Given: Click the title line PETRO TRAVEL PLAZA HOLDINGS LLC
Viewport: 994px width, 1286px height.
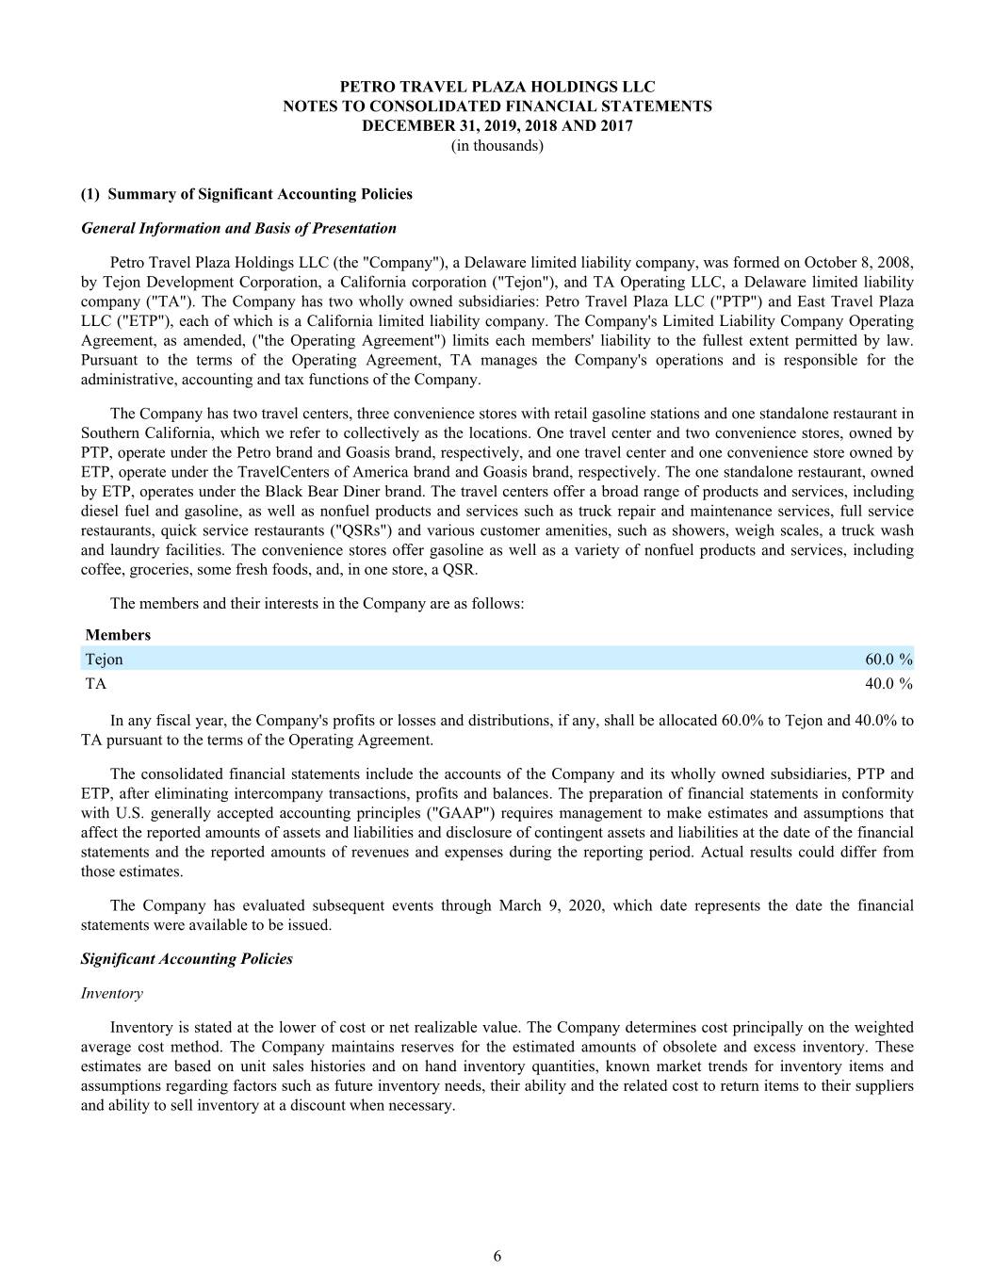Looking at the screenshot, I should click(497, 87).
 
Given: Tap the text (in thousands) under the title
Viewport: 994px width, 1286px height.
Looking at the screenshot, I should click(497, 146).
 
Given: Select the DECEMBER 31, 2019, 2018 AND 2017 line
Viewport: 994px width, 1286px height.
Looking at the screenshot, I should click(497, 126).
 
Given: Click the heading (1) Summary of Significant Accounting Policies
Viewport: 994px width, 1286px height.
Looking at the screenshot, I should click(247, 194).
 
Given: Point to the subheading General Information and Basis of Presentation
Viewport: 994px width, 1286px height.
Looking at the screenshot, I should click(238, 228).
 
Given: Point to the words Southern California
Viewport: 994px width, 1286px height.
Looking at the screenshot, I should click(139, 433).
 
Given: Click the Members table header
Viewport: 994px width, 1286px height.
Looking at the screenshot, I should click(118, 635).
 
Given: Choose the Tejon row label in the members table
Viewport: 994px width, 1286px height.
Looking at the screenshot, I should click(105, 659).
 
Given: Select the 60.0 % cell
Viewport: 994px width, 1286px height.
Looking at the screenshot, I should click(888, 659).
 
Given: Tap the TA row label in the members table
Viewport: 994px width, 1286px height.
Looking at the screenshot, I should click(96, 684).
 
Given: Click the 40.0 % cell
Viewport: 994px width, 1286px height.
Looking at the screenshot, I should click(888, 684).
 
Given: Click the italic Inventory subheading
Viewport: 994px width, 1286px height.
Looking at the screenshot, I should click(112, 993).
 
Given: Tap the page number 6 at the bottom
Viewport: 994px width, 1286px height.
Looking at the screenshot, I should click(497, 1256).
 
